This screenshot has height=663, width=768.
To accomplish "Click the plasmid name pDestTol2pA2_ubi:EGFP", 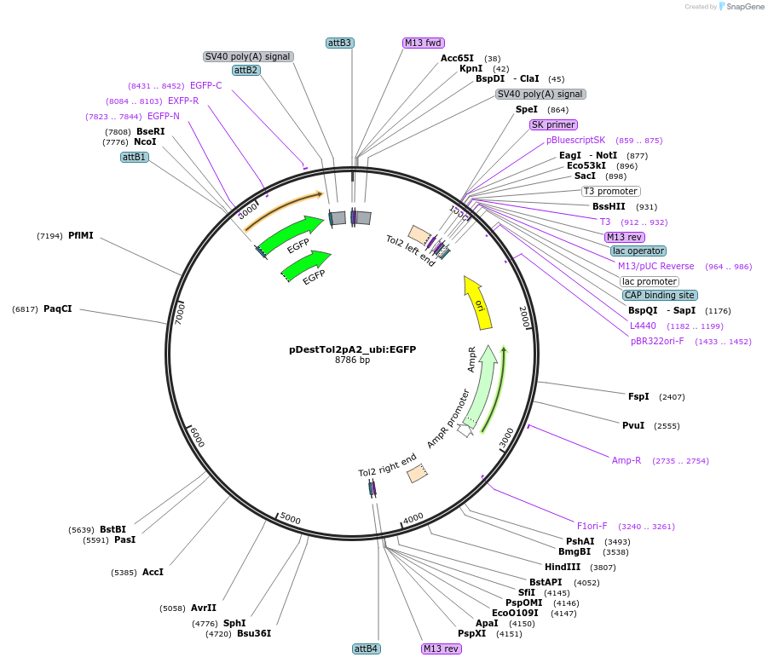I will point(352,349).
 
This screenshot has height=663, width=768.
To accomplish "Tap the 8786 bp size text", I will point(352,360).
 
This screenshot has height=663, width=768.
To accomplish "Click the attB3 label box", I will point(339,43).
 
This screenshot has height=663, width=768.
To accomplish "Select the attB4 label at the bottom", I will point(366,649).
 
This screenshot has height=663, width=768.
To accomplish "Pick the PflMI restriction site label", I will point(81,235).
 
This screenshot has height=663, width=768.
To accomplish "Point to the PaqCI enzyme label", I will point(58,308).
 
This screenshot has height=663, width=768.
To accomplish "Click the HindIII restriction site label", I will point(563,567).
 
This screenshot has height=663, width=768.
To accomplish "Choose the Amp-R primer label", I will point(627,460).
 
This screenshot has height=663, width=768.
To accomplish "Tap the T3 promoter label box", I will point(611,191).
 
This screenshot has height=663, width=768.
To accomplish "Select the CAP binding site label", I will point(660,295).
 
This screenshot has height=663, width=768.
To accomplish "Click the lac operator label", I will point(638,251).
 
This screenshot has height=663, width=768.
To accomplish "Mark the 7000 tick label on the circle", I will point(180,312).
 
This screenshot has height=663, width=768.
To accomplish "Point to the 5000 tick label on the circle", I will point(291,519).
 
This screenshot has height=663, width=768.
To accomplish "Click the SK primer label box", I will point(553,124).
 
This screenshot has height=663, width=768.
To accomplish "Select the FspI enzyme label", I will point(638,396).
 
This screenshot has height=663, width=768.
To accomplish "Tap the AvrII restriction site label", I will point(204,608).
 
